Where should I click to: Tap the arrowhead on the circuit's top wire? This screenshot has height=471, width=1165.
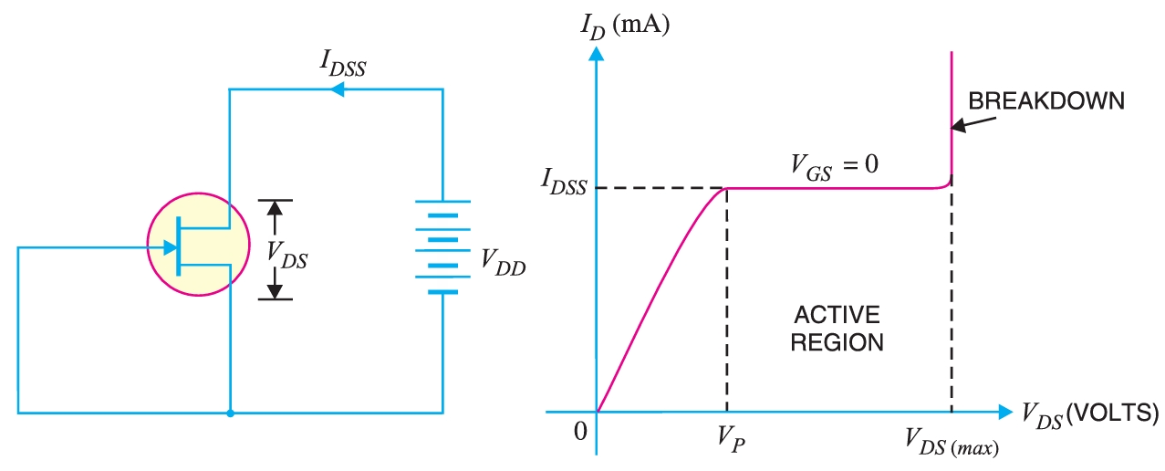click(x=337, y=89)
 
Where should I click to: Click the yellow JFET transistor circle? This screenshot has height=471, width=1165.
click(x=198, y=245)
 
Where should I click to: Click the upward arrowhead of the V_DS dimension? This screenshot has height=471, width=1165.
click(x=275, y=207)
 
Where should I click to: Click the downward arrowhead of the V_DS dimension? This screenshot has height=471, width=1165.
click(x=275, y=291)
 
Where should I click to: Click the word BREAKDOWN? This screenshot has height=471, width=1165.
click(x=1045, y=101)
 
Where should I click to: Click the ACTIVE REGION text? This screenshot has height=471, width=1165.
click(x=837, y=329)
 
